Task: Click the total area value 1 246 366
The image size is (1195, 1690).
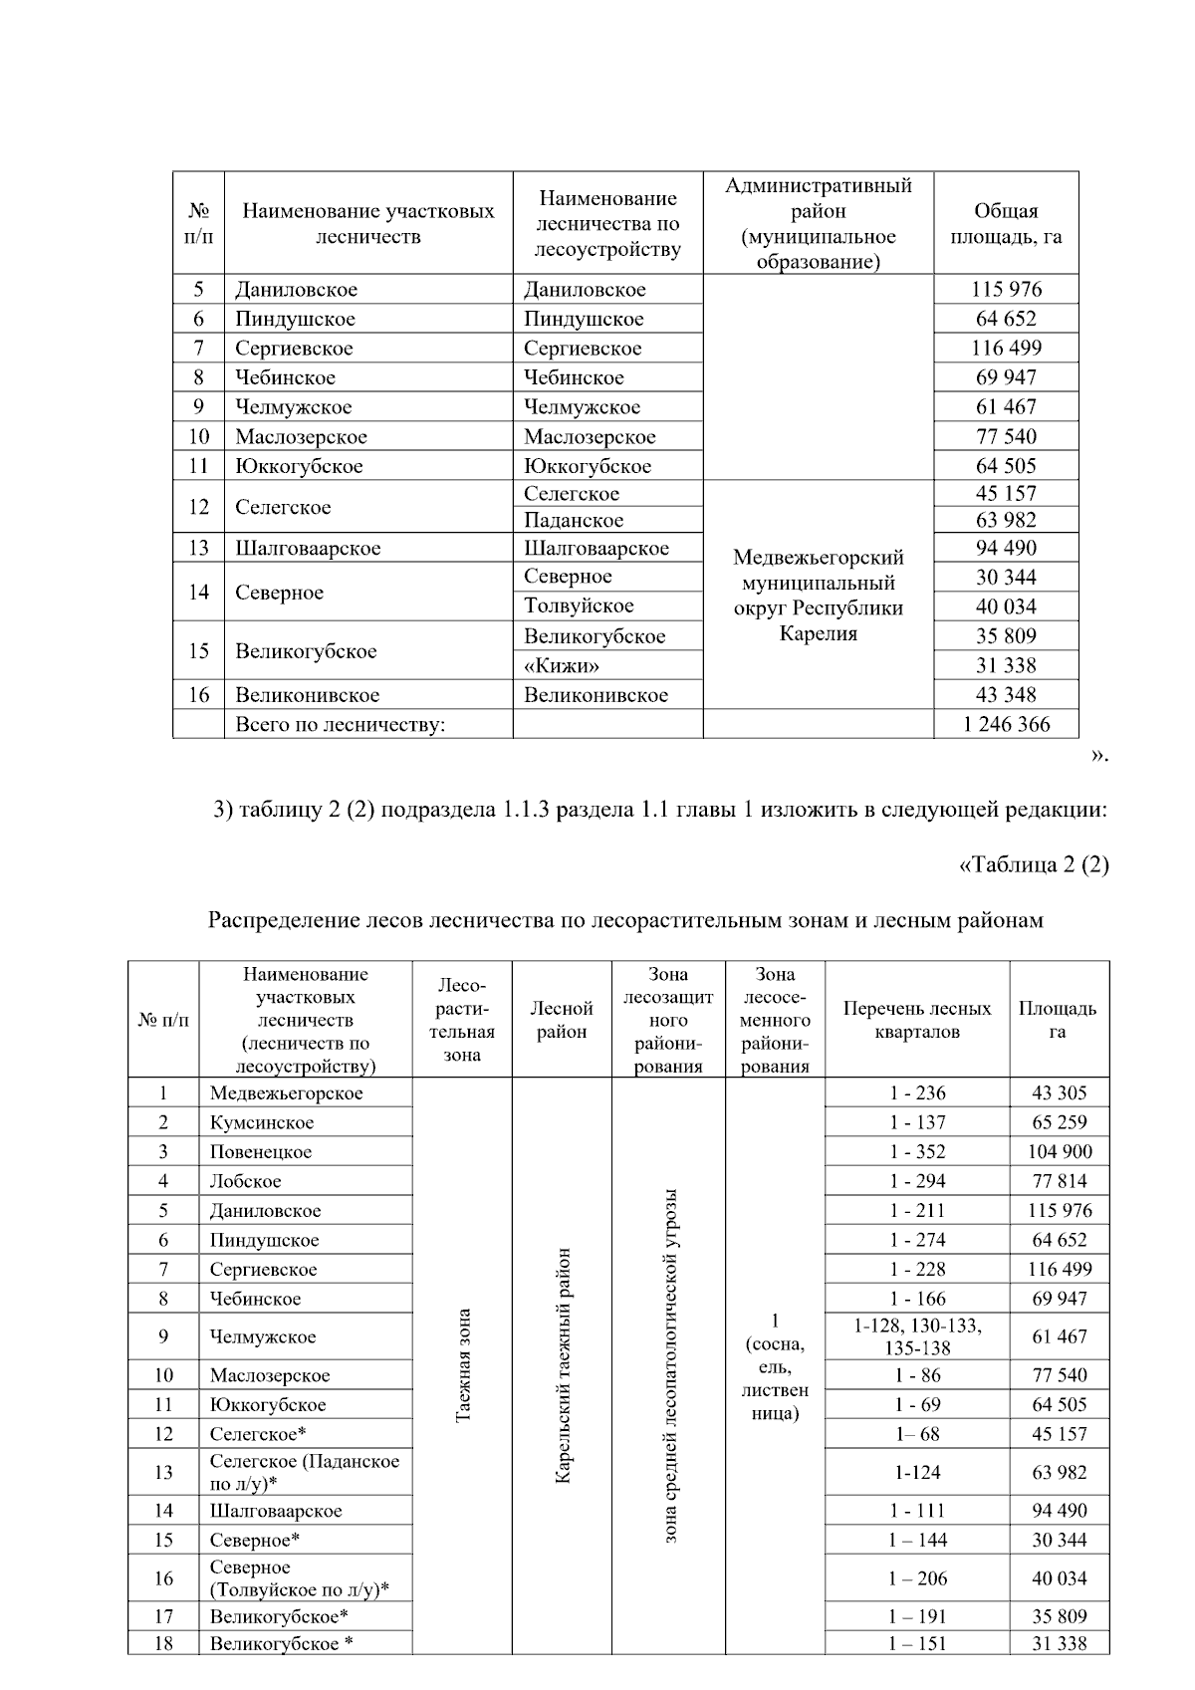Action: pos(1006,724)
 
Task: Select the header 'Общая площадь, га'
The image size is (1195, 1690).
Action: pos(1006,224)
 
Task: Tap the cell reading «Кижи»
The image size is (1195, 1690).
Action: pos(562,665)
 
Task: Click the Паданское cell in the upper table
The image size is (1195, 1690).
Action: pos(574,520)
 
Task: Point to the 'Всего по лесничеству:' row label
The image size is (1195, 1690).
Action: pos(340,724)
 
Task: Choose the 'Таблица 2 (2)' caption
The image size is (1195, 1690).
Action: pos(1034,864)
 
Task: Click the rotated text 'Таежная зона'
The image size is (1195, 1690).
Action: pos(462,1365)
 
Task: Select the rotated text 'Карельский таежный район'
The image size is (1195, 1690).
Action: pos(562,1365)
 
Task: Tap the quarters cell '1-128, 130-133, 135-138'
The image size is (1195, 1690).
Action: pos(917,1336)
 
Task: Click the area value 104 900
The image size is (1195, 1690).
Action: pos(1060,1151)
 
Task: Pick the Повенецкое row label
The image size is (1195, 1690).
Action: pos(261,1151)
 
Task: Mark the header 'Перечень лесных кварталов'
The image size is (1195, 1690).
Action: pos(917,1020)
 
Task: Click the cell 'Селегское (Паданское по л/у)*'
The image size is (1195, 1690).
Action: pos(304,1472)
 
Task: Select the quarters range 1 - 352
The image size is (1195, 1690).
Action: pos(917,1151)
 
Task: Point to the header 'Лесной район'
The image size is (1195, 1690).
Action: pos(562,1020)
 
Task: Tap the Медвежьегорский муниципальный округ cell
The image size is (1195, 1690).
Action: pos(818,596)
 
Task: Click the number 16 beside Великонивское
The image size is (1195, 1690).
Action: pos(198,695)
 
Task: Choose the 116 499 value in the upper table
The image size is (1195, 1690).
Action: pos(1006,348)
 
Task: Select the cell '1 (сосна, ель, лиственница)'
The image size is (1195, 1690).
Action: pos(775,1366)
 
